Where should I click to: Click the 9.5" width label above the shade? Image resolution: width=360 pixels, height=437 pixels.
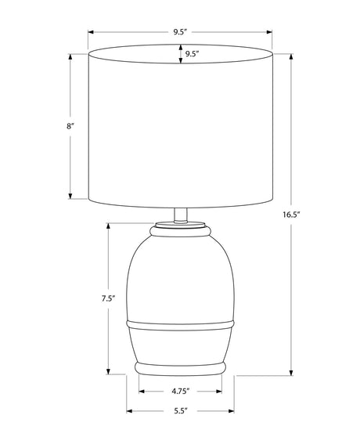pyautogui.click(x=179, y=32)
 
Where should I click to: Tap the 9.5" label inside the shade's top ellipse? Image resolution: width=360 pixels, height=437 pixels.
pyautogui.click(x=192, y=54)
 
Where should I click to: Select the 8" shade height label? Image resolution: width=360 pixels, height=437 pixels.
pyautogui.click(x=70, y=126)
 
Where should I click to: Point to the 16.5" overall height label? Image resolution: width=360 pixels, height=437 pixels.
pyautogui.click(x=291, y=215)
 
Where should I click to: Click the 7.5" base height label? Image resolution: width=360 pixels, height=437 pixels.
pyautogui.click(x=108, y=298)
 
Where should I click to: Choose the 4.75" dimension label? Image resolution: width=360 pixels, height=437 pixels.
pyautogui.click(x=181, y=392)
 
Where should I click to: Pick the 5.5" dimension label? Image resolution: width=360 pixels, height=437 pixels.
pyautogui.click(x=181, y=411)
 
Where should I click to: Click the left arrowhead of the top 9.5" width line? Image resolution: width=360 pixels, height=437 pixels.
pyautogui.click(x=91, y=32)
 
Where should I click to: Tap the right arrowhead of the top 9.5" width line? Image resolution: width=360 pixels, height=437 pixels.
pyautogui.click(x=269, y=32)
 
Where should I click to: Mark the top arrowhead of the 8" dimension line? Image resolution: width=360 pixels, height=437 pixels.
pyautogui.click(x=70, y=57)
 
